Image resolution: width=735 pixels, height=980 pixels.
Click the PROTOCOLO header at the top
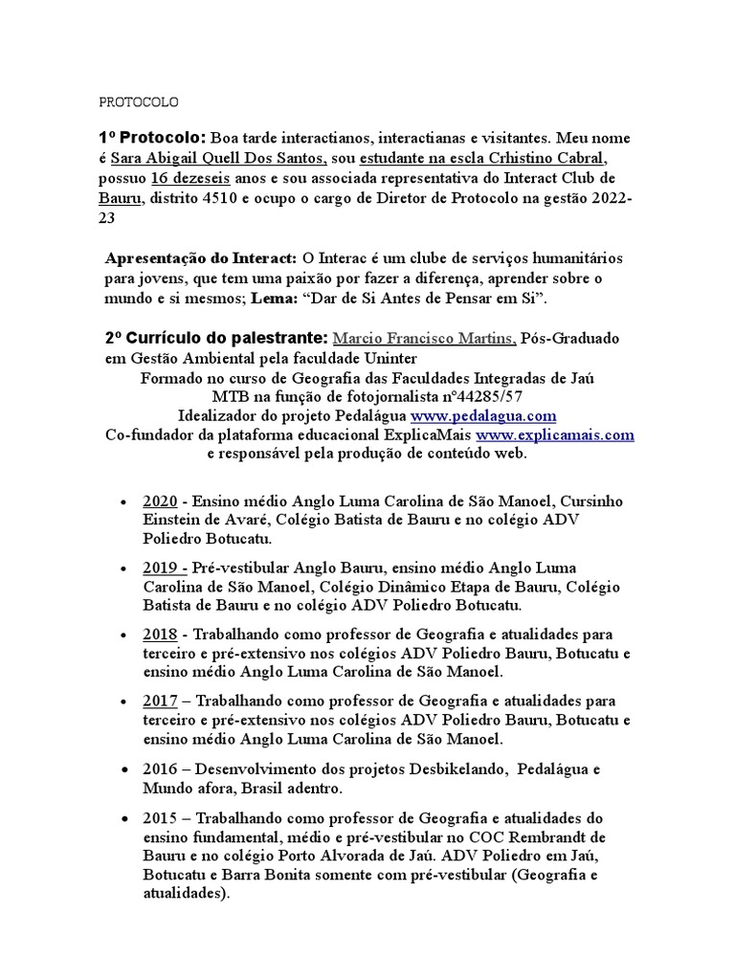point(139,102)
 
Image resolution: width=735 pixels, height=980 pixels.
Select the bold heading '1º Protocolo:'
point(152,138)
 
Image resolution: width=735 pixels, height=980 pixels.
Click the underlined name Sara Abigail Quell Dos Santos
point(219,158)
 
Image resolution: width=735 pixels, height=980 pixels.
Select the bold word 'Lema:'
point(274,299)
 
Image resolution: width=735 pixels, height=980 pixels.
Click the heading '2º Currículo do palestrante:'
point(216,339)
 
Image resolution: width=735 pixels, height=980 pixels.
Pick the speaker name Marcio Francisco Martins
point(424,339)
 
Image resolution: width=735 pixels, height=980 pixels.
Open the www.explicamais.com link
point(554,434)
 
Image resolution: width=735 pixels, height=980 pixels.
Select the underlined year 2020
point(159,501)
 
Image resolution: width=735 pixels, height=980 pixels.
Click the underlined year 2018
point(159,635)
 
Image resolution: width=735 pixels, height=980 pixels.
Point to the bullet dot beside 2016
point(124,769)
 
